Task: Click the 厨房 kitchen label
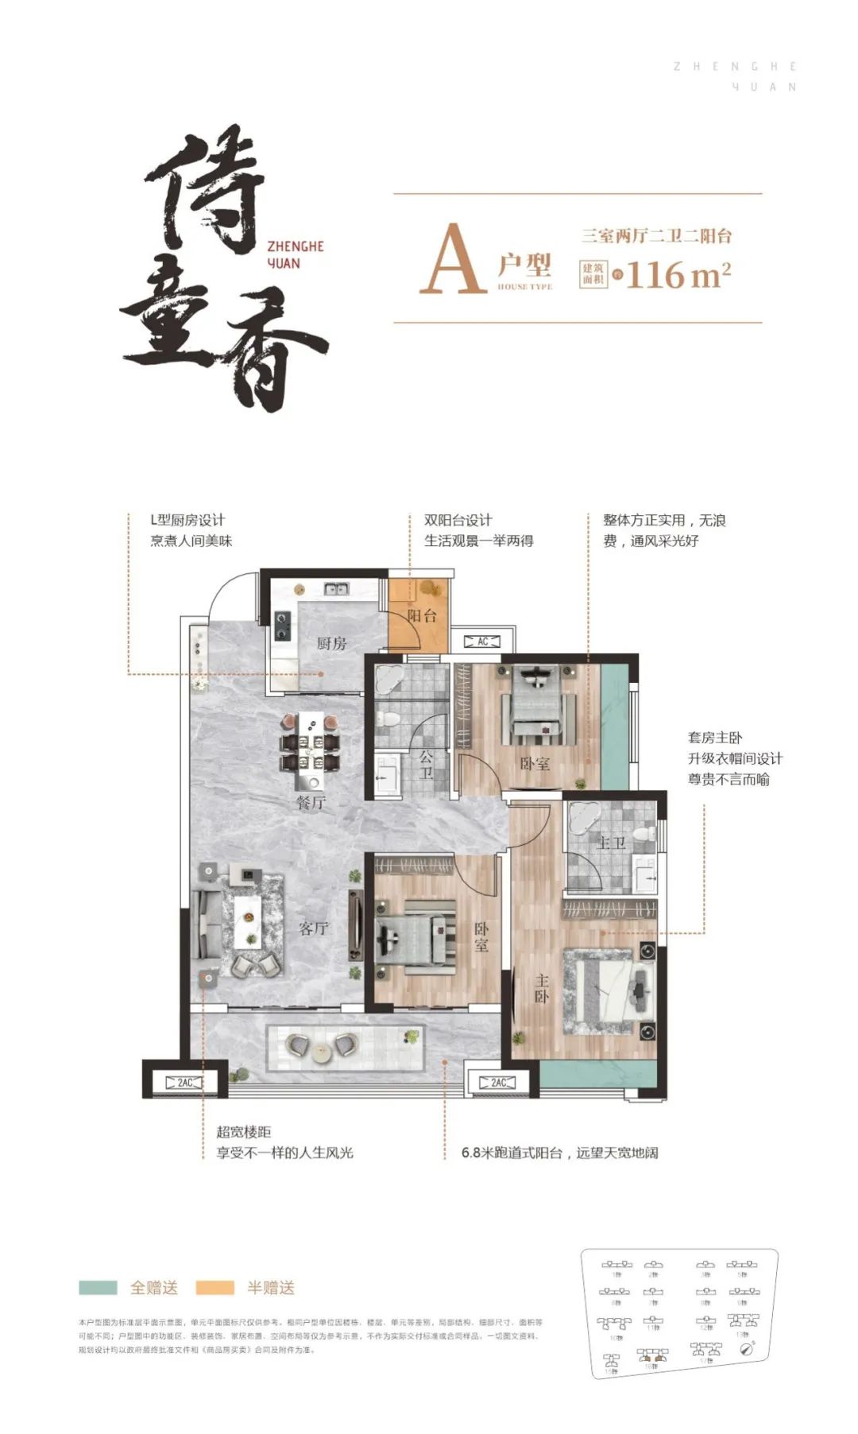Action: (331, 643)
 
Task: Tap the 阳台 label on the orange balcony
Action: (422, 615)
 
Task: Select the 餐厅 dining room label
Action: (311, 802)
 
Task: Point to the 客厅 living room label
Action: (313, 928)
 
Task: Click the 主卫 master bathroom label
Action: (611, 843)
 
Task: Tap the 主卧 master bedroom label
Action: (541, 989)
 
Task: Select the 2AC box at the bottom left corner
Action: (184, 1083)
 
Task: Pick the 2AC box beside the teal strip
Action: (498, 1083)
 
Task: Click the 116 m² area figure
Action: (678, 275)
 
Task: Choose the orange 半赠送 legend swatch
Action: (214, 1287)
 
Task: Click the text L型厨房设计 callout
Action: (187, 520)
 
